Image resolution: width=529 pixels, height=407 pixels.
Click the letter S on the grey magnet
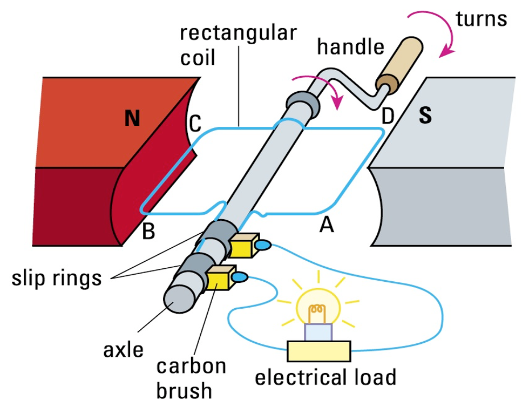(425, 117)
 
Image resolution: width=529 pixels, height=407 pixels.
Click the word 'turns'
(481, 19)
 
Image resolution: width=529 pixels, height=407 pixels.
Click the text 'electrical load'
(325, 377)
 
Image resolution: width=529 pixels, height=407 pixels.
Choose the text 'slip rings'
(57, 279)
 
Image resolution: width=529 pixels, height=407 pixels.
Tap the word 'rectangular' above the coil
(238, 33)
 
